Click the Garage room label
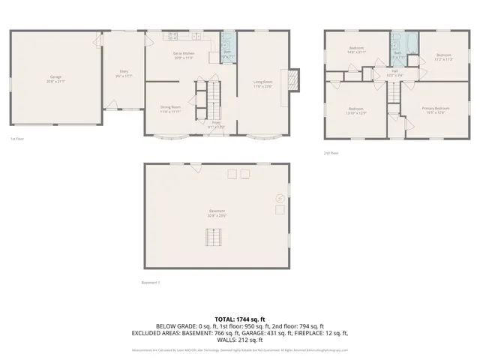[x=56, y=78]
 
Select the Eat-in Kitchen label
[x=184, y=55]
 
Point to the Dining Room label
[x=170, y=109]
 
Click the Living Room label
[x=262, y=83]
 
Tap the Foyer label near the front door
[x=215, y=124]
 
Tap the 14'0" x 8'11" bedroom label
[x=356, y=50]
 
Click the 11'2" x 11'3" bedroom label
[x=444, y=56]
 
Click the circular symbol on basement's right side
[x=280, y=198]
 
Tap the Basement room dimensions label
[x=217, y=215]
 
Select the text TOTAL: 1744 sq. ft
[x=240, y=319]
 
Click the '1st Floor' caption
[x=16, y=139]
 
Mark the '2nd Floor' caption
[x=331, y=153]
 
